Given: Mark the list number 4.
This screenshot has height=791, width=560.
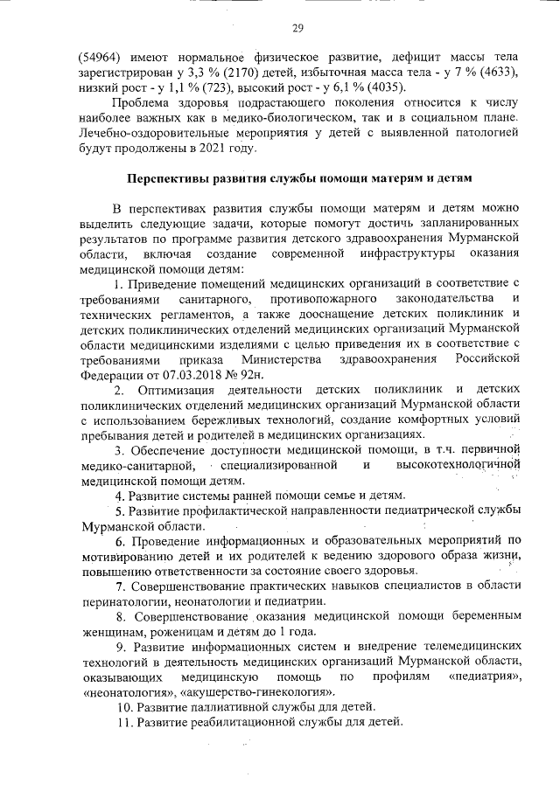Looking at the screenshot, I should click(120, 496).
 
